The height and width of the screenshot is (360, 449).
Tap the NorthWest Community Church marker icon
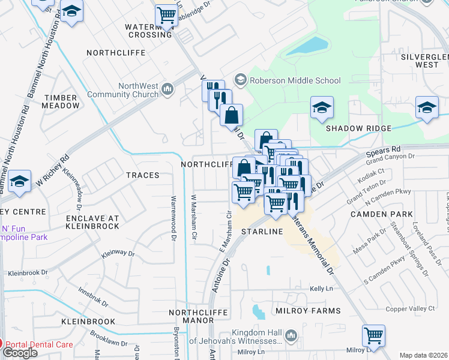click(x=167, y=90)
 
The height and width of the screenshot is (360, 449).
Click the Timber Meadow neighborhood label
click(x=60, y=101)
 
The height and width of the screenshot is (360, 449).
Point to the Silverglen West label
click(x=424, y=60)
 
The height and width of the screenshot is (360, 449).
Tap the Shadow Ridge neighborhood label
click(x=358, y=128)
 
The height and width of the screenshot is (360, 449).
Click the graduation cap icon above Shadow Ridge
click(x=322, y=108)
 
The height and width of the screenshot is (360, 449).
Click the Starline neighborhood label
click(x=262, y=231)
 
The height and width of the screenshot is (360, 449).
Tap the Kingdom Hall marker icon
click(x=291, y=334)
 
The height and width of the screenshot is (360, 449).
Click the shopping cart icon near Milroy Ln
click(x=373, y=335)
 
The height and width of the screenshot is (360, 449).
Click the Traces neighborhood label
click(x=142, y=175)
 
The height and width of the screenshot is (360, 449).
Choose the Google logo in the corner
click(x=20, y=353)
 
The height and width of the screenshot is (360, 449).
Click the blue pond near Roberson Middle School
click(x=307, y=46)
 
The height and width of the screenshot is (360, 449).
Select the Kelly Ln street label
click(x=321, y=289)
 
